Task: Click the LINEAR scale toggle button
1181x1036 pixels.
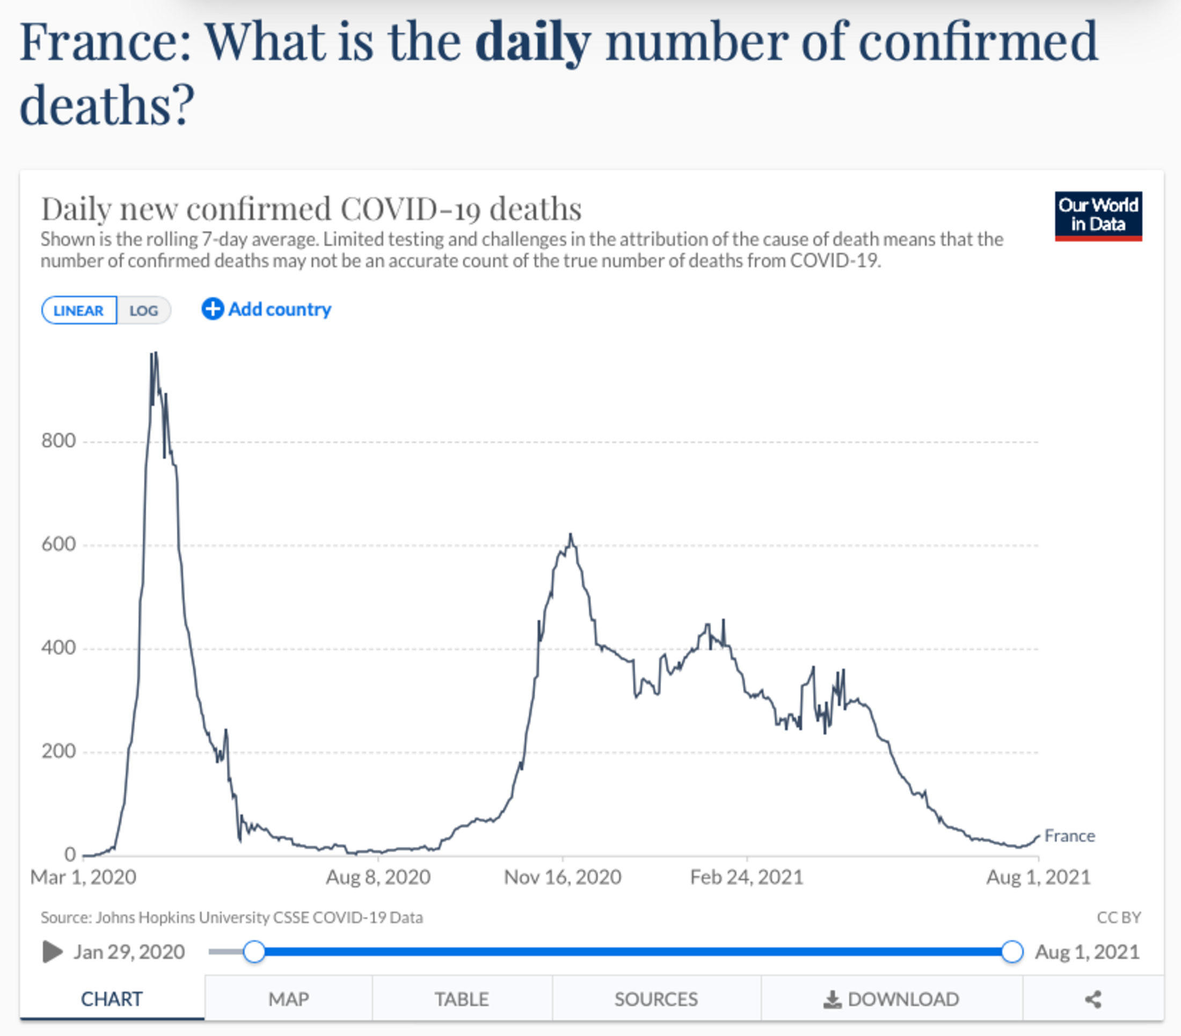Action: tap(78, 310)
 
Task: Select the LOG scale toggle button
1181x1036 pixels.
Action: tap(143, 310)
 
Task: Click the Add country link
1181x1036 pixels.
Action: tap(266, 309)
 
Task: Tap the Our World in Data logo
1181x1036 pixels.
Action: tap(1098, 215)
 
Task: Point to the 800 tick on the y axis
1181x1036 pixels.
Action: tap(59, 441)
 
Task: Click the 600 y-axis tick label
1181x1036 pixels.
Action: tap(59, 545)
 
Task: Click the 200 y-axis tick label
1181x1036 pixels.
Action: tap(59, 751)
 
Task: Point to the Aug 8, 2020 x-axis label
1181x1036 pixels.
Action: tap(378, 877)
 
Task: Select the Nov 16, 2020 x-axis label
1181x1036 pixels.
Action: tap(562, 877)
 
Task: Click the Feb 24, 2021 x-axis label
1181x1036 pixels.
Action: tap(747, 877)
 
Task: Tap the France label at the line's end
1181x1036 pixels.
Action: tap(1069, 836)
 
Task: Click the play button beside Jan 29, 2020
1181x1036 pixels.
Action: tap(53, 952)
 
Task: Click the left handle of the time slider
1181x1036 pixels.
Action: tap(254, 952)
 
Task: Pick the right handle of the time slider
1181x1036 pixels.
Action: tap(1012, 952)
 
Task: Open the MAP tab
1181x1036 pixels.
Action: tap(288, 999)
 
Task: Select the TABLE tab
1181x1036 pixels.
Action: tap(462, 999)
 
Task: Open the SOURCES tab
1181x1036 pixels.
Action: tap(656, 999)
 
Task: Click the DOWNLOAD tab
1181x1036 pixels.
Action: tap(891, 999)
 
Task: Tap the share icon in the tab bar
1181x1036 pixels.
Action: tap(1092, 999)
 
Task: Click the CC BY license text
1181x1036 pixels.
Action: tap(1119, 917)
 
